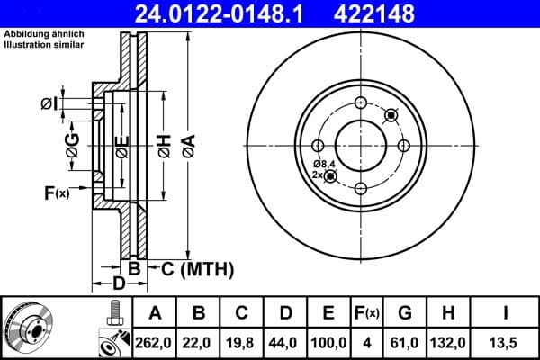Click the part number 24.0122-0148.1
pos(232,13)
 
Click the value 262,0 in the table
pos(154,344)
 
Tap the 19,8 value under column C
pos(242,344)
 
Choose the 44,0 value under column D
pos(286,344)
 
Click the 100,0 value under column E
pos(329,344)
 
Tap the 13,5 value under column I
pos(505,344)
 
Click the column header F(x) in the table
pos(367,313)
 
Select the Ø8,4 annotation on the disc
pos(324,163)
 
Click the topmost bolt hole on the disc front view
pos(361,102)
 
